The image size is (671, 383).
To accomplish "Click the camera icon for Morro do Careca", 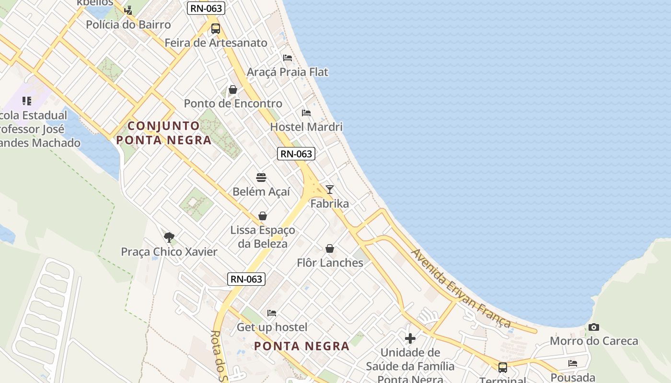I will click(x=594, y=327).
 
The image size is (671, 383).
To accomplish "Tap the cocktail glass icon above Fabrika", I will click(x=329, y=190).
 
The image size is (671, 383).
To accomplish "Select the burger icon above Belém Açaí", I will click(x=261, y=178).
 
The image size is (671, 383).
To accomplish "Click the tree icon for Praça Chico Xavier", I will click(x=169, y=237).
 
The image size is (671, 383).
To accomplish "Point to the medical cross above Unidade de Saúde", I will click(x=410, y=339).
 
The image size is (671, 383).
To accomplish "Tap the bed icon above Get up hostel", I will click(x=272, y=313).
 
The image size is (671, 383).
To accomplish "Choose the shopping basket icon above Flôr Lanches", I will click(x=330, y=248).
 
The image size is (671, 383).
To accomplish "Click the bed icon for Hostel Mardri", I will click(x=306, y=113).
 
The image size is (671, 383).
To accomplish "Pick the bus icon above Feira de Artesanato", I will click(x=216, y=29).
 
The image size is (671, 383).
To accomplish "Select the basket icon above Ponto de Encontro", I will click(x=233, y=90).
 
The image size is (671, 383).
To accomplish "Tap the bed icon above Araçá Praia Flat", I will click(x=288, y=58).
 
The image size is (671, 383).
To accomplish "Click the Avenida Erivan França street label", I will click(x=461, y=288).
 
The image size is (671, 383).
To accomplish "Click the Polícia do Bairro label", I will click(x=128, y=24).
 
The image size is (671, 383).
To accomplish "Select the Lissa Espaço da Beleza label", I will click(x=263, y=237).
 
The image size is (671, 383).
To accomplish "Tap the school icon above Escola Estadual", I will click(x=27, y=101).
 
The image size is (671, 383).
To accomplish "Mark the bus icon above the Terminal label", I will click(x=502, y=368).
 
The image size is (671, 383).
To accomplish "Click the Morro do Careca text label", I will click(x=594, y=341).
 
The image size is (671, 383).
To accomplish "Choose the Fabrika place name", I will click(x=330, y=203).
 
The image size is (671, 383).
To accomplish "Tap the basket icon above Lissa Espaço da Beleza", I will click(x=263, y=216).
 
